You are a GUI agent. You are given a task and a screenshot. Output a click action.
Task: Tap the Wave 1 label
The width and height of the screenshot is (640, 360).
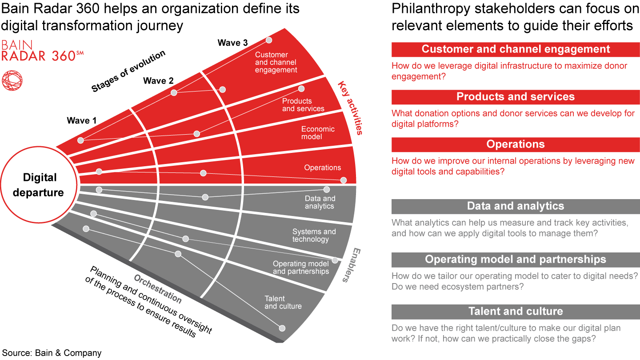click(81, 120)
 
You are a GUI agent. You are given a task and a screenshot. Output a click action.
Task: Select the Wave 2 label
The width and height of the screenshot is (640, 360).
click(158, 81)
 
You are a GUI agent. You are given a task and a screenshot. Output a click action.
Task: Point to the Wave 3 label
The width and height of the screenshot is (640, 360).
click(232, 43)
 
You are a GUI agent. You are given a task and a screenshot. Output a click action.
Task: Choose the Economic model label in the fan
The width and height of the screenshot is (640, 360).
click(318, 133)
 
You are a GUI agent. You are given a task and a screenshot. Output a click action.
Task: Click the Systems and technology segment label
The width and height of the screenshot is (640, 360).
click(314, 236)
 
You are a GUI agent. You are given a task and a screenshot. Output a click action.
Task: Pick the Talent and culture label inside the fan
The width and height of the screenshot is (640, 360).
click(283, 302)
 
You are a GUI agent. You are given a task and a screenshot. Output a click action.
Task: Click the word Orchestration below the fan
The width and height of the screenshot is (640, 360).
click(157, 289)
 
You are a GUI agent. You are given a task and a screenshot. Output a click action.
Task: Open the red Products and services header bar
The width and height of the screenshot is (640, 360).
click(516, 97)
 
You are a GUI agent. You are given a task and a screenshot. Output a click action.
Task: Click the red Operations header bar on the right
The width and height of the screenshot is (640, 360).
click(516, 144)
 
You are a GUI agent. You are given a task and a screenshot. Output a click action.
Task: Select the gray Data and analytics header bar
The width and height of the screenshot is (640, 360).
click(516, 206)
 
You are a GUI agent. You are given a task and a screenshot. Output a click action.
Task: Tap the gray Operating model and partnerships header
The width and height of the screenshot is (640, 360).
click(516, 260)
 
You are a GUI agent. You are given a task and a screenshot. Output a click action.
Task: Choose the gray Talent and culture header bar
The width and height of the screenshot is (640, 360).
click(516, 312)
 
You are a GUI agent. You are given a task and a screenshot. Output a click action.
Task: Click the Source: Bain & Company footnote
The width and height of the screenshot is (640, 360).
click(52, 353)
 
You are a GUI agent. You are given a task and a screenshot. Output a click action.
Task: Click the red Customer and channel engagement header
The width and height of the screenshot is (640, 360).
click(516, 49)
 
